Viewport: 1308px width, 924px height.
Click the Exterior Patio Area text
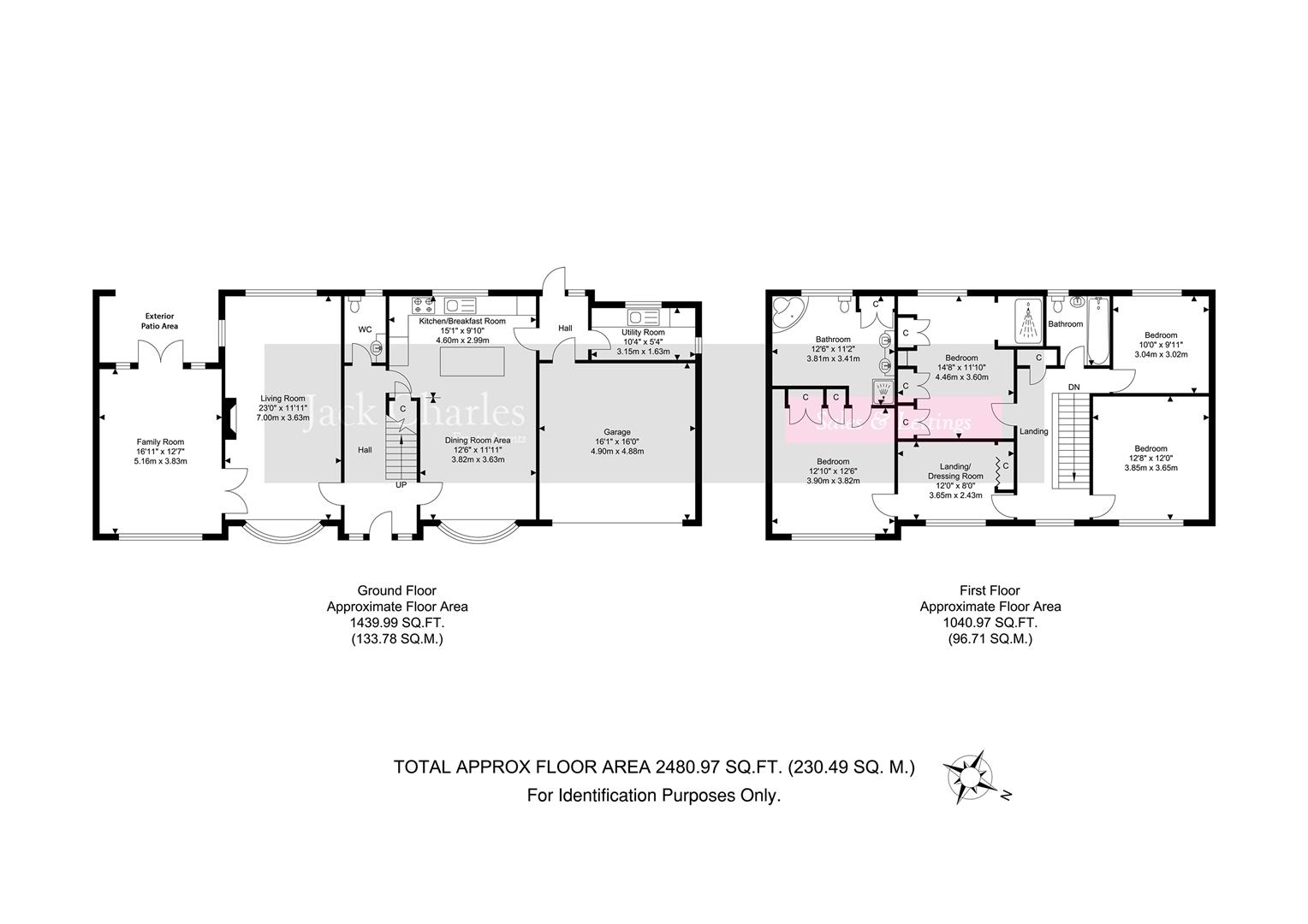(160, 321)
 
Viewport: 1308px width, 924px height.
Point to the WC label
(365, 329)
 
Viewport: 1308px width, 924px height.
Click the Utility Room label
(643, 332)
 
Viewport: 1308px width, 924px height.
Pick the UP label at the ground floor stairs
(400, 485)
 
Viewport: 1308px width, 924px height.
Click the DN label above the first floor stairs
(1073, 388)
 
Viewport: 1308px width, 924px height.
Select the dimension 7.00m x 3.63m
(282, 418)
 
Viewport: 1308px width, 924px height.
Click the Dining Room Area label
(478, 441)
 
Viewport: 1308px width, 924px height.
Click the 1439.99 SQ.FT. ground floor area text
(396, 623)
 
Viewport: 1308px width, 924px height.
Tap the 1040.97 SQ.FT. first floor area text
(990, 623)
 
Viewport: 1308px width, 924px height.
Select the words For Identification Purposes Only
(653, 796)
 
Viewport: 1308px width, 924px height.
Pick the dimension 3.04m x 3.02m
(1155, 354)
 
